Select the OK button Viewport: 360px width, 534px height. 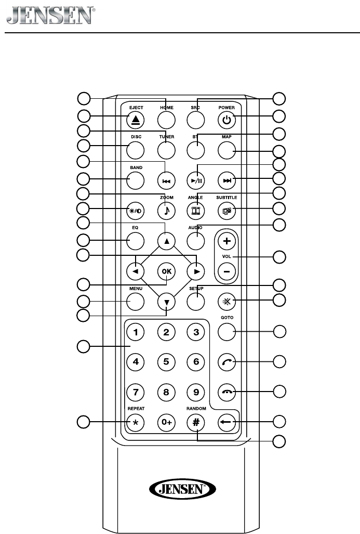point(166,271)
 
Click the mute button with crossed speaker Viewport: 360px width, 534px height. point(226,301)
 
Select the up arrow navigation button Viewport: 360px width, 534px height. point(166,241)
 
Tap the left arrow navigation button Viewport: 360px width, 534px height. point(135,271)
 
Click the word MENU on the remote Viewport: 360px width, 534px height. point(135,289)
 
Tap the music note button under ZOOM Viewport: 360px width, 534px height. point(166,211)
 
